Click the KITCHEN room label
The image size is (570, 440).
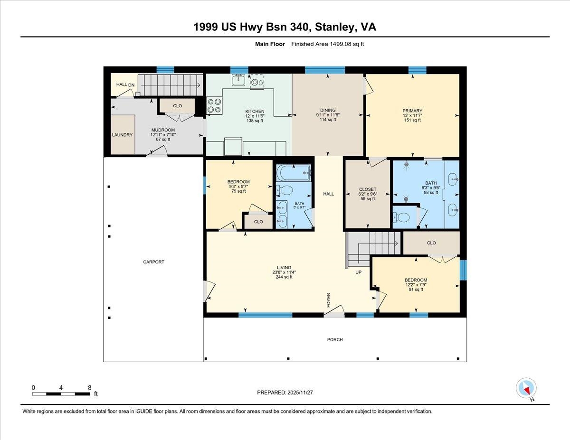[255, 111]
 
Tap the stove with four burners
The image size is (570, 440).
[214, 105]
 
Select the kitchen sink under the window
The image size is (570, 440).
[237, 81]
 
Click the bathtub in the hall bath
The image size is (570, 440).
[293, 172]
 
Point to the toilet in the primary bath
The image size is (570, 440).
[403, 217]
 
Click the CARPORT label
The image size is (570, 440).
[153, 262]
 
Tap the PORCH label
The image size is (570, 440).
[334, 339]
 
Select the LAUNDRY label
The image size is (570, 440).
[122, 135]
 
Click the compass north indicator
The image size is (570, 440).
[526, 389]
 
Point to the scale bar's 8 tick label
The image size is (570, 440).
[89, 387]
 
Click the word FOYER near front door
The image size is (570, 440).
[328, 300]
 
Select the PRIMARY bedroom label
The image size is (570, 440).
[412, 111]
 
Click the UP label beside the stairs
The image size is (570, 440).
[359, 272]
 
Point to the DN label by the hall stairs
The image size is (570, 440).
[131, 84]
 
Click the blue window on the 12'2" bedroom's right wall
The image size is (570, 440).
[464, 270]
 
